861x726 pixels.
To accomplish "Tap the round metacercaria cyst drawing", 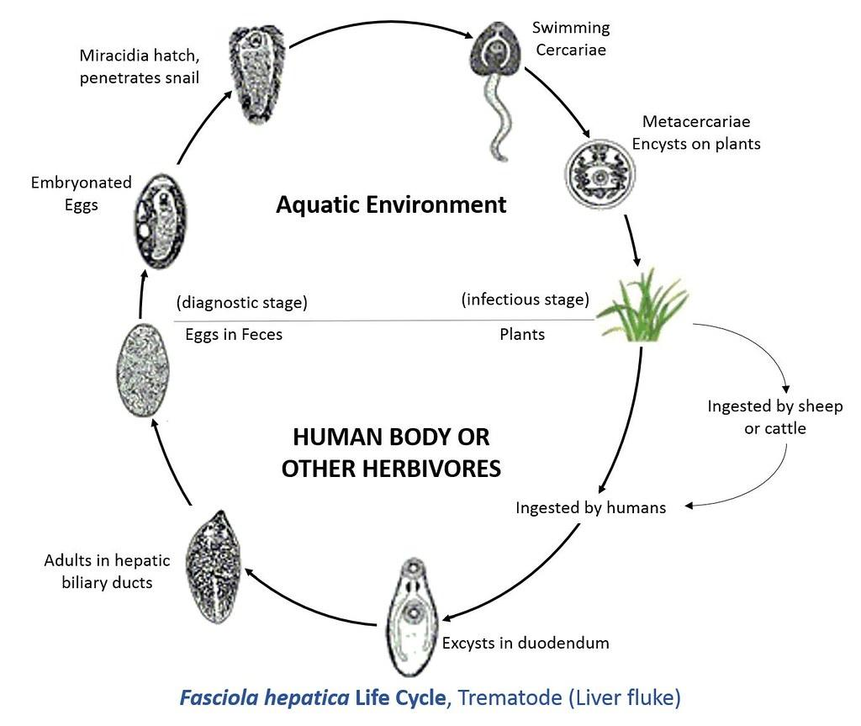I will click(597, 176).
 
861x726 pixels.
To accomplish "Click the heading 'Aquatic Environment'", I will click(391, 204).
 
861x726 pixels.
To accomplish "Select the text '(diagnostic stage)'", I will click(241, 303).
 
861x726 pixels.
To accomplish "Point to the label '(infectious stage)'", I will click(525, 299).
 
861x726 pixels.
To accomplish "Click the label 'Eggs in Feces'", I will click(234, 334).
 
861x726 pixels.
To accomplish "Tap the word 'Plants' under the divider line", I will click(522, 334).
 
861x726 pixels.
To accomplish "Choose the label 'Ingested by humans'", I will click(590, 507).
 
